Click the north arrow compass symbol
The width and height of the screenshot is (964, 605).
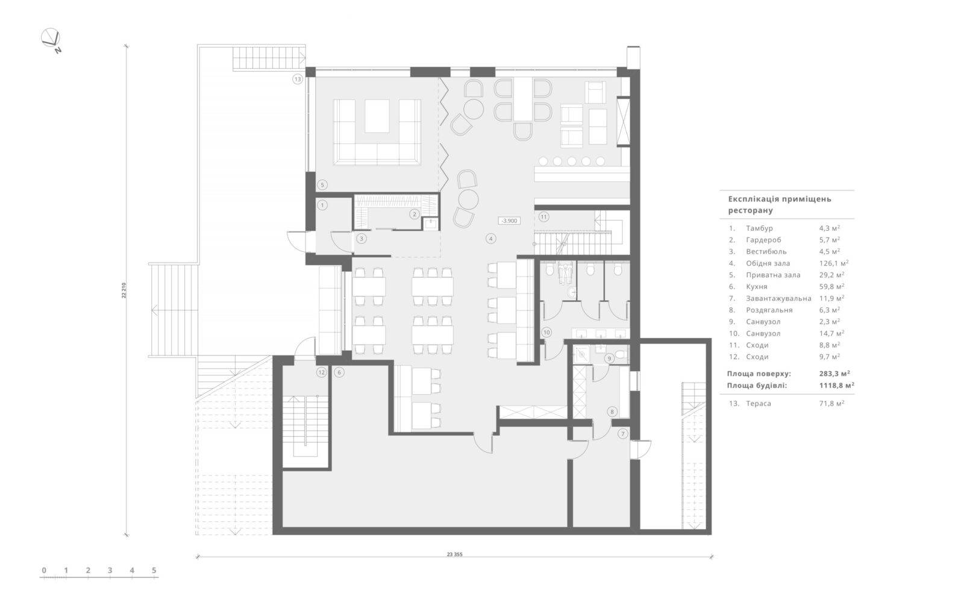pos(51,39)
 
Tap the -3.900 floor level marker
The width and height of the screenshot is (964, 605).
pos(510,221)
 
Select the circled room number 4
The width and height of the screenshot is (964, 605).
pos(490,239)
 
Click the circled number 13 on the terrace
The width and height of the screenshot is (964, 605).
pos(298,79)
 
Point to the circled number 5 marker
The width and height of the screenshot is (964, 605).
pos(322,185)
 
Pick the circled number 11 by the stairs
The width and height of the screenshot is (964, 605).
pos(543,217)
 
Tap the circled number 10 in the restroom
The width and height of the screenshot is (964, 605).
pos(546,332)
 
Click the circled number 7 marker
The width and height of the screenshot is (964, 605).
pos(623,433)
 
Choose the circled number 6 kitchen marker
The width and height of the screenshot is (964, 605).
pos(339,372)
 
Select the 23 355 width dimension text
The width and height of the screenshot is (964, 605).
pos(454,554)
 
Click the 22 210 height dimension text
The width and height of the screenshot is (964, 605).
pos(124,290)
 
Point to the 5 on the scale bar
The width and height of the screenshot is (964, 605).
pos(154,571)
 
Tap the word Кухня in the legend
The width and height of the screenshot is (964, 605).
pos(757,287)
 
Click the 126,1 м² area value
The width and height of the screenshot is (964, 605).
pos(834,263)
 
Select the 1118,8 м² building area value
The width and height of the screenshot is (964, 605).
pos(837,386)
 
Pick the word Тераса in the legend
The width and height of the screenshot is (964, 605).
pos(759,404)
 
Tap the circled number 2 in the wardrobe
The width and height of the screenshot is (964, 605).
pos(414,214)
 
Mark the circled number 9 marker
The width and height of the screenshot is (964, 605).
pos(609,359)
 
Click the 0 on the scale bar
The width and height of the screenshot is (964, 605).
pos(44,571)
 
